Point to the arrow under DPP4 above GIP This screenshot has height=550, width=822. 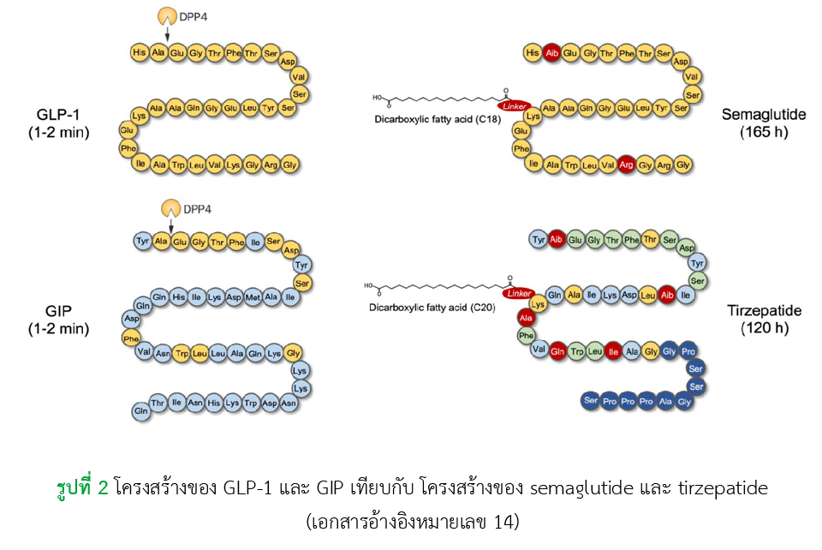point(172,225)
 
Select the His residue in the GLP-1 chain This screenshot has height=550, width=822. point(140,53)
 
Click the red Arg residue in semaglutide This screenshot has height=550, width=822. point(626,164)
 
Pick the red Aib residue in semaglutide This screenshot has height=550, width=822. point(551,53)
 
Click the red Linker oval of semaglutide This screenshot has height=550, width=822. point(514,105)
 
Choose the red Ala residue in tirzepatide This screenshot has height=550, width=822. point(525,320)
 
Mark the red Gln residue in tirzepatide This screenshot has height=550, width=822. point(558,351)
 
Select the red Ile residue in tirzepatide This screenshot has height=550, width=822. point(613,351)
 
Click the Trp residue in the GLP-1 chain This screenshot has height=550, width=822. point(177,164)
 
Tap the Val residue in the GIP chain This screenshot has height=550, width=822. point(144,351)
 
